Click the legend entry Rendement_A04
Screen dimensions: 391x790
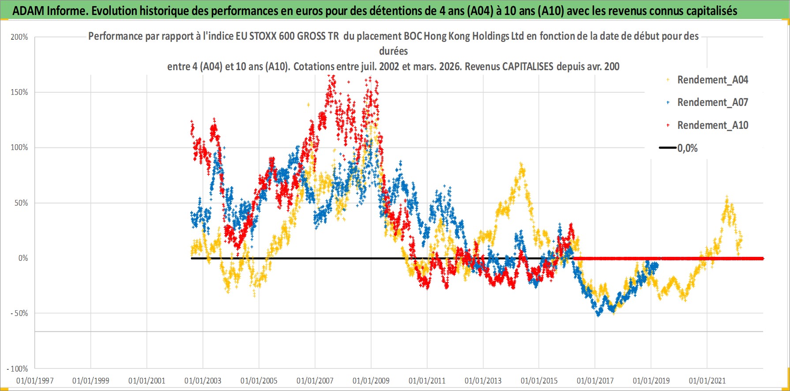pyautogui.click(x=712, y=80)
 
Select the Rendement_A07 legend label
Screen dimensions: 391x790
pyautogui.click(x=712, y=102)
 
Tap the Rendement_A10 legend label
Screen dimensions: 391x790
pyautogui.click(x=712, y=125)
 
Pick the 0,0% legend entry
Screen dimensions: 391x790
pyautogui.click(x=687, y=148)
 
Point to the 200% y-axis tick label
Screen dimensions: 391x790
pyautogui.click(x=19, y=37)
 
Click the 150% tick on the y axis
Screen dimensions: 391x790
pyautogui.click(x=19, y=92)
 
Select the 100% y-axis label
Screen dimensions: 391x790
pyautogui.click(x=19, y=147)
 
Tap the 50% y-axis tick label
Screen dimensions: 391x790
pyautogui.click(x=21, y=203)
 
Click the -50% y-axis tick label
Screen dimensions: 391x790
pyautogui.click(x=19, y=313)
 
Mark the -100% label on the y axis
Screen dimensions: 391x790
pyautogui.click(x=18, y=368)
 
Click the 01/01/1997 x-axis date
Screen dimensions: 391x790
pyautogui.click(x=35, y=380)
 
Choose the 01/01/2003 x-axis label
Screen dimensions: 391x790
pyautogui.click(x=203, y=380)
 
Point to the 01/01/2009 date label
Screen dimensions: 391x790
pyautogui.click(x=371, y=380)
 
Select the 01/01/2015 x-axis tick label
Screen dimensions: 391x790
pyautogui.click(x=539, y=380)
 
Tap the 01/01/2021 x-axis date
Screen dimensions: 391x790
pyautogui.click(x=707, y=380)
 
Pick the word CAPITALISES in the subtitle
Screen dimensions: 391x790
pyautogui.click(x=527, y=67)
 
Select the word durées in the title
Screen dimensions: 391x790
pyautogui.click(x=393, y=51)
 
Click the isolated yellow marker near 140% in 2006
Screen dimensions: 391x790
pyautogui.click(x=308, y=105)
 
